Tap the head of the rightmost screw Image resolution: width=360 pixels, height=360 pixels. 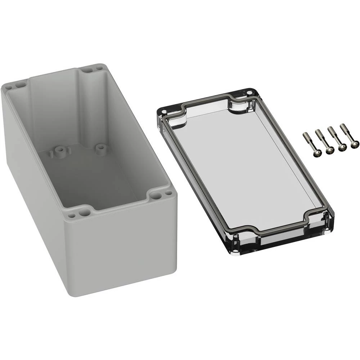[354, 144]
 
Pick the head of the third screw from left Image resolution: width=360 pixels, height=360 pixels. [342, 147]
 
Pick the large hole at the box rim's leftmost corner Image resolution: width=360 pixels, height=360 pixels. [19, 85]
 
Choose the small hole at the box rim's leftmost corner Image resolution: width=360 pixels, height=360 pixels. [10, 87]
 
